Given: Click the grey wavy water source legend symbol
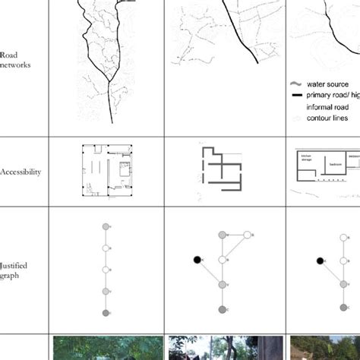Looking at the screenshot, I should tap(296, 84).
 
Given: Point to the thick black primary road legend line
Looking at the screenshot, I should tap(296, 96).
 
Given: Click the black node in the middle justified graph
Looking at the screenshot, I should tap(197, 260).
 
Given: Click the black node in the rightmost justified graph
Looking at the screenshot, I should tap(320, 261).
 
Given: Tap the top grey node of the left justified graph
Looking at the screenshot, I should tap(106, 226).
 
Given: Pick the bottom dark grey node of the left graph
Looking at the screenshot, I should tap(106, 311).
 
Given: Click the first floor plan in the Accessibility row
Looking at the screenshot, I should tap(106, 172).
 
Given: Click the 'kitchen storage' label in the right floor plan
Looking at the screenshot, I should tap(307, 157).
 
